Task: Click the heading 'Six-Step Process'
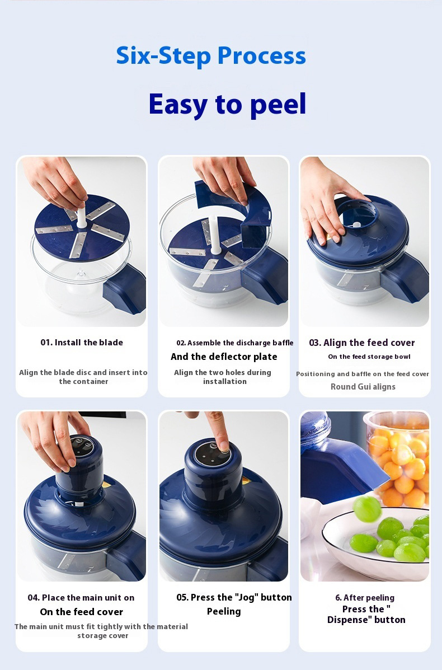coord(211,56)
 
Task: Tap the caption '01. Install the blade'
coord(82,343)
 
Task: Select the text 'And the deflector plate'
coord(224,357)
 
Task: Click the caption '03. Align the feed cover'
coord(362,343)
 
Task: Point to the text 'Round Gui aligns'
coord(363,387)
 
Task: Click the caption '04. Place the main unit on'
coord(81,597)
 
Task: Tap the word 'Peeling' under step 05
coord(224,612)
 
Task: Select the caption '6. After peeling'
coord(365,598)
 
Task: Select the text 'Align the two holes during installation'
coord(223,377)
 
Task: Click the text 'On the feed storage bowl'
coord(369,357)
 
